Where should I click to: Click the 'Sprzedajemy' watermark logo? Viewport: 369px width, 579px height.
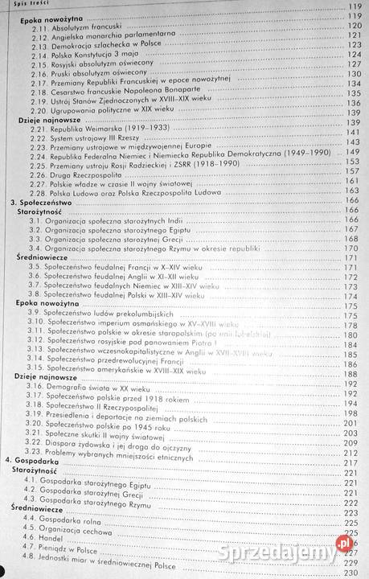tap(289, 552)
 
